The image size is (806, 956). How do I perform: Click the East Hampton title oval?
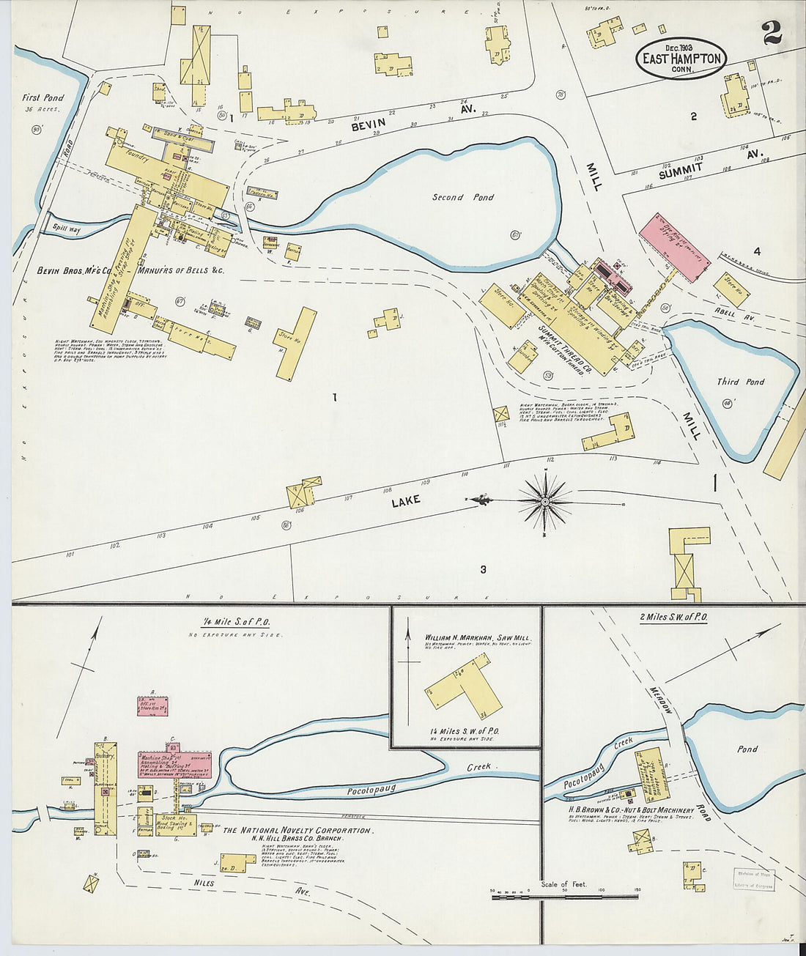tap(681, 59)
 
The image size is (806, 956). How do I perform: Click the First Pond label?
tap(42, 97)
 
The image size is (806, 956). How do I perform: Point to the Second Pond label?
tap(462, 197)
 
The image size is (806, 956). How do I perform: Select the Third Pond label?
tap(740, 382)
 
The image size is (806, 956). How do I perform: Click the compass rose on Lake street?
tap(544, 501)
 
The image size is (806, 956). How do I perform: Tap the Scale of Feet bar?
tap(563, 895)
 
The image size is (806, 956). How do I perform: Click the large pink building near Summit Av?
tap(674, 248)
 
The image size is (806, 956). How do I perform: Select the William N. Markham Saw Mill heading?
tap(476, 638)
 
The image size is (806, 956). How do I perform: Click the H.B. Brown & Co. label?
tap(631, 810)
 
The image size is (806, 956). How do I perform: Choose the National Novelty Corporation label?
tap(297, 831)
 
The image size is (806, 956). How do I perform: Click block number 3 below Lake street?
tap(483, 569)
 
